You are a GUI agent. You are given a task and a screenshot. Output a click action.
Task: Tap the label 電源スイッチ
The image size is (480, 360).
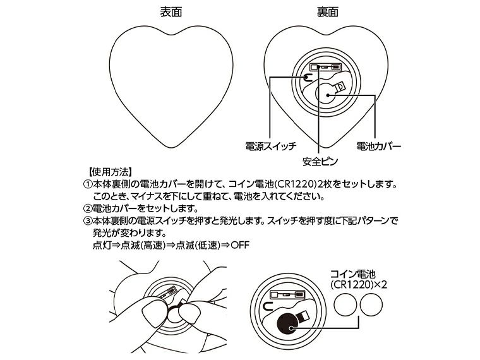[x=270, y=147]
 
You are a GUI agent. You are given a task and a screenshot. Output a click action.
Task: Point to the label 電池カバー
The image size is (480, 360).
[x=379, y=147]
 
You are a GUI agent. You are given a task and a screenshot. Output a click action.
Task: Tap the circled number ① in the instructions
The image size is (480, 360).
[x=88, y=184]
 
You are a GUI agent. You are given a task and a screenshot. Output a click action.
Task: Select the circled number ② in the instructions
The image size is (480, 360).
[x=88, y=208]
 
